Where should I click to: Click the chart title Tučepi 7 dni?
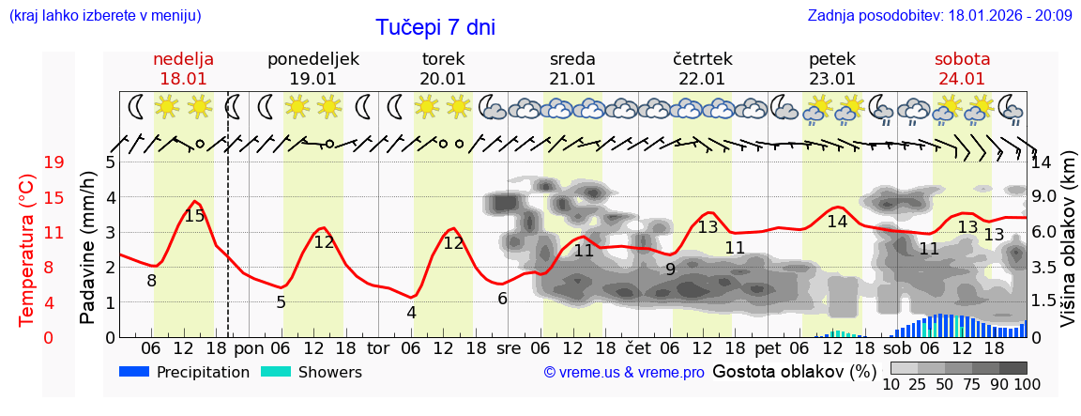click(435, 27)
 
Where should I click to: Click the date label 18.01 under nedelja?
click(184, 79)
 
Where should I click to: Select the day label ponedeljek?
click(313, 59)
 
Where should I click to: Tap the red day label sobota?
click(962, 59)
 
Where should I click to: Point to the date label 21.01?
click(572, 79)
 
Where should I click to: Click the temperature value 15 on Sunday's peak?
click(194, 216)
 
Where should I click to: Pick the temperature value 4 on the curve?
click(411, 313)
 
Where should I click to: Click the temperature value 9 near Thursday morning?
click(670, 270)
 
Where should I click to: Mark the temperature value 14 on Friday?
click(837, 222)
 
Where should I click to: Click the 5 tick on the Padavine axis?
click(110, 162)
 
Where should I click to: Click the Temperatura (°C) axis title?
click(27, 250)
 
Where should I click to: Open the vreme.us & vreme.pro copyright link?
click(624, 373)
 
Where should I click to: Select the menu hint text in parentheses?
click(104, 15)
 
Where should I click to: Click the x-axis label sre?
click(508, 347)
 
